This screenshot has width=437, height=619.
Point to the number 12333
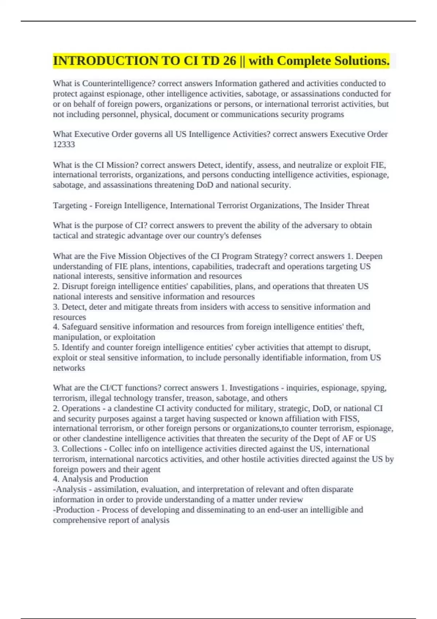(x=64, y=145)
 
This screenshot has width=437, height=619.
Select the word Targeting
(x=70, y=206)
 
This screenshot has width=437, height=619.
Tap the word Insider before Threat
(x=332, y=206)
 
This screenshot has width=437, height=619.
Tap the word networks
(x=69, y=368)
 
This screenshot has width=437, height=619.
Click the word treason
(x=200, y=398)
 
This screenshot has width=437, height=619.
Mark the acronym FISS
(x=350, y=419)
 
